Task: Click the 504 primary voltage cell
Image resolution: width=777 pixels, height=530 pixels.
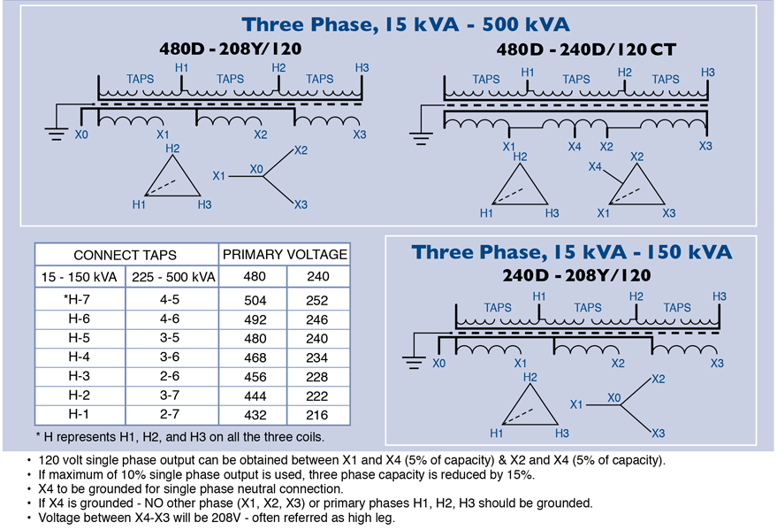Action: click(x=255, y=301)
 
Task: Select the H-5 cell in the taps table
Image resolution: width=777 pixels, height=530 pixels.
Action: click(x=80, y=338)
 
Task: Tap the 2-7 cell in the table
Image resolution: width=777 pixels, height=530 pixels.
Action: click(x=170, y=414)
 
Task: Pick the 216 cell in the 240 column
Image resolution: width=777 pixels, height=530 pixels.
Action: click(x=317, y=415)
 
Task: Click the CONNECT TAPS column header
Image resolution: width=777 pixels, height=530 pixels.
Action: click(x=125, y=255)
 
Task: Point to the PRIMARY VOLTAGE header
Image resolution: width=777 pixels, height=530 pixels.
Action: click(x=285, y=254)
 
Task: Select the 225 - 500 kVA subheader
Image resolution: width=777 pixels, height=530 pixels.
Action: click(x=173, y=277)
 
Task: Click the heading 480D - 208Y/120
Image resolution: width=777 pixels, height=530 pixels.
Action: click(x=231, y=49)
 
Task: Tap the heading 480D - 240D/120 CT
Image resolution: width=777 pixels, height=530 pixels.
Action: click(x=586, y=49)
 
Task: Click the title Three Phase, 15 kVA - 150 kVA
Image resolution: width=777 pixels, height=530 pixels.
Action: click(x=572, y=252)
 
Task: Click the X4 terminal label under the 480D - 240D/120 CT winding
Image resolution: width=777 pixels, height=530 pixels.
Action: click(x=575, y=147)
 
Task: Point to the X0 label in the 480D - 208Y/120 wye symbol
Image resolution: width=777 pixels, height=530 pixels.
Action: click(x=256, y=169)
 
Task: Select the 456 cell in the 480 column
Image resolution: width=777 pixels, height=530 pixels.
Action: click(x=255, y=377)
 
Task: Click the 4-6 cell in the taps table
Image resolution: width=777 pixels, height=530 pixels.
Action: click(x=170, y=319)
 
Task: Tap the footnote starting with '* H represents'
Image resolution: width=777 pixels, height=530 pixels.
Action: click(x=179, y=437)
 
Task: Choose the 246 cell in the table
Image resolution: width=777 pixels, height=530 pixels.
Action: click(x=317, y=319)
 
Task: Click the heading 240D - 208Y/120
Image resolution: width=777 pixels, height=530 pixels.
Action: click(x=576, y=275)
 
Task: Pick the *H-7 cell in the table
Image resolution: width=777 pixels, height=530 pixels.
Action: click(x=77, y=299)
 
